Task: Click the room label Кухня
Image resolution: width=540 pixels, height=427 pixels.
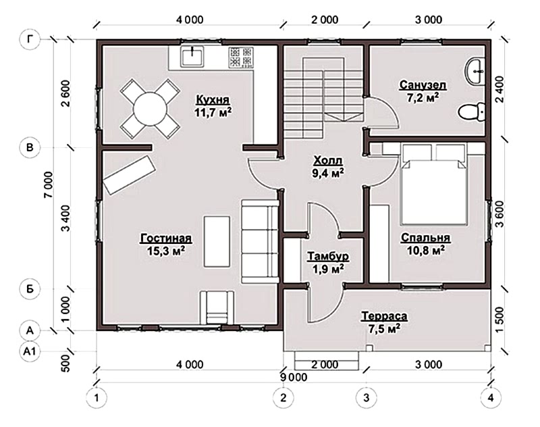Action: click(x=213, y=99)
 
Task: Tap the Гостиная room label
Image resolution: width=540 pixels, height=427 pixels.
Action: click(x=165, y=238)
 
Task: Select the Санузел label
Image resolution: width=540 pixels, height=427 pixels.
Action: click(x=423, y=84)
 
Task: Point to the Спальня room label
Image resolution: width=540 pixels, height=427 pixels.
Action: click(x=425, y=237)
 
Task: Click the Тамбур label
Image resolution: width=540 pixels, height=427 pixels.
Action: click(x=328, y=257)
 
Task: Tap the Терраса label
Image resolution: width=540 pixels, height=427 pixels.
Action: click(x=384, y=316)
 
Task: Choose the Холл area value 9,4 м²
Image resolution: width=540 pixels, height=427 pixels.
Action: click(x=328, y=173)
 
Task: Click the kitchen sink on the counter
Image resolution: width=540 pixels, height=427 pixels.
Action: click(x=192, y=57)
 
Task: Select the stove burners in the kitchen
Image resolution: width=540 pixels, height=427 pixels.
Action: click(x=241, y=57)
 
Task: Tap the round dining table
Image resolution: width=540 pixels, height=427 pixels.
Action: click(x=150, y=109)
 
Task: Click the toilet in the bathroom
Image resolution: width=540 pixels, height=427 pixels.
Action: click(x=471, y=111)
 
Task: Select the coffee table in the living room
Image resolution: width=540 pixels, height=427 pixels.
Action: click(x=217, y=241)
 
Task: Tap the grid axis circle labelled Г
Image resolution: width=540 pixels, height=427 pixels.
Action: click(x=30, y=39)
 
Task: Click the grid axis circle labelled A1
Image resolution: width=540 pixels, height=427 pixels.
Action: click(x=30, y=351)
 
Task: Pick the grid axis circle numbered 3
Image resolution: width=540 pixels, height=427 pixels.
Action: click(x=366, y=398)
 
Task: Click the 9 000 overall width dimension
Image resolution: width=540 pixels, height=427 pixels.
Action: click(x=294, y=378)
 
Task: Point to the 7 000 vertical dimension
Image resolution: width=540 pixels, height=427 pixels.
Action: click(x=49, y=184)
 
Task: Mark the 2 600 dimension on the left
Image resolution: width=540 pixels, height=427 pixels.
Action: click(x=65, y=93)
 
